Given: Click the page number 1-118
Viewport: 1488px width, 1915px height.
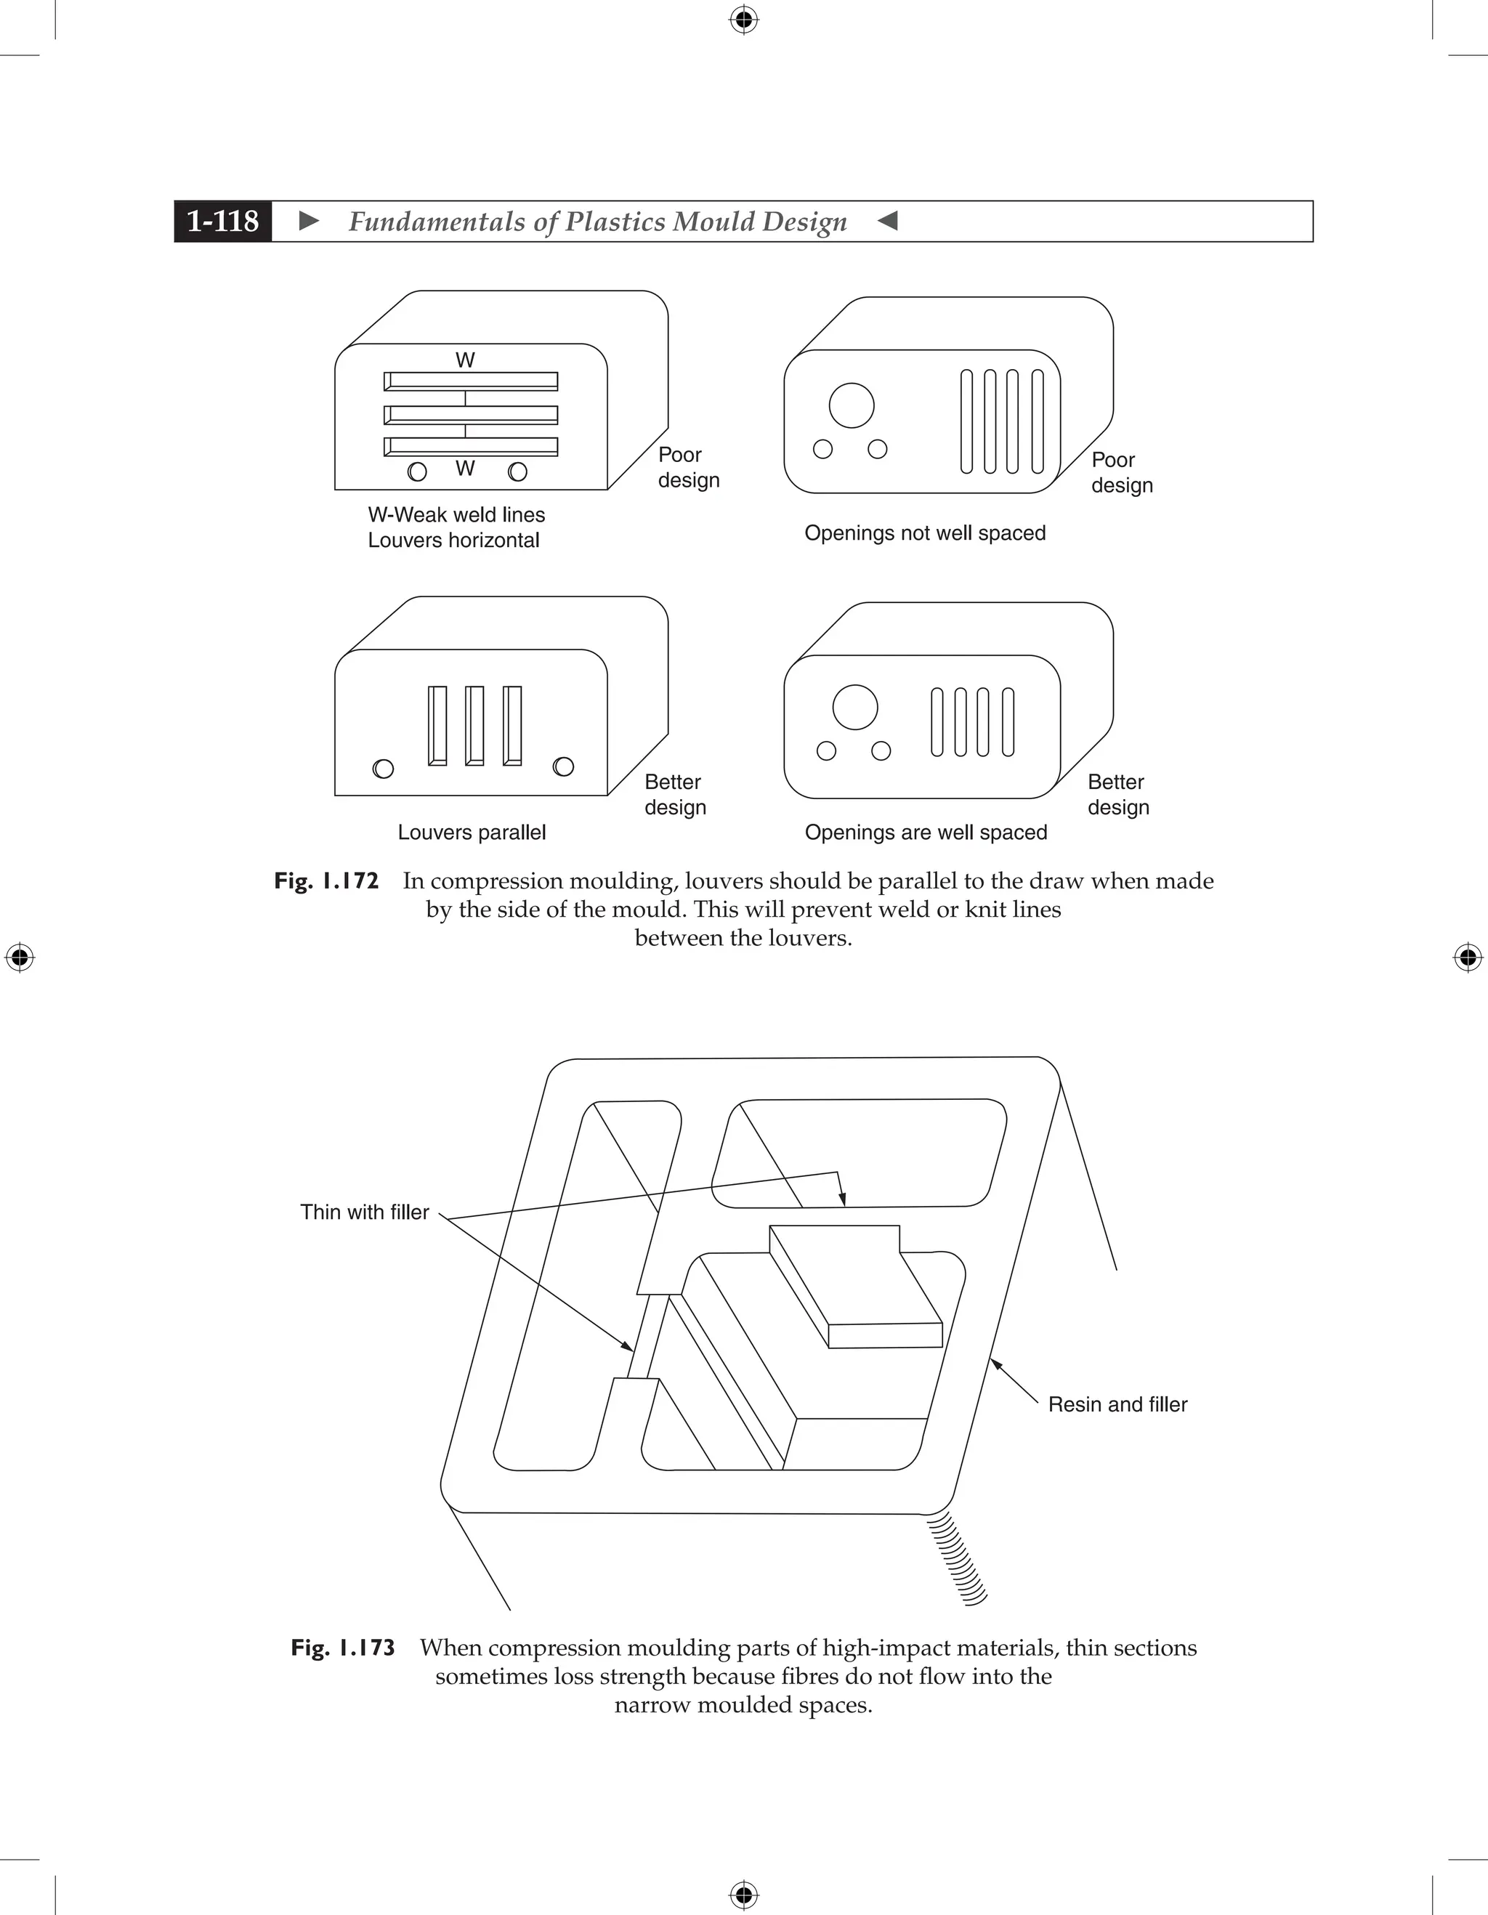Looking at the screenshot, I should tap(223, 221).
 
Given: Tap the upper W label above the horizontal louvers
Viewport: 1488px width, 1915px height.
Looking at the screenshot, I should tap(466, 360).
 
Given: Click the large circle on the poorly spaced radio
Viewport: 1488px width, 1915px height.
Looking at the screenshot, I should tap(852, 405).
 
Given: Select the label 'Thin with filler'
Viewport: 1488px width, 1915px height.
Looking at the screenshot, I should tap(365, 1212).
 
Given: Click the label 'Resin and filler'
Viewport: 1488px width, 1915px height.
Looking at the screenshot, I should tap(1117, 1404).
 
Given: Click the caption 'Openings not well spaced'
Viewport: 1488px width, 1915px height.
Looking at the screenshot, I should tap(925, 533).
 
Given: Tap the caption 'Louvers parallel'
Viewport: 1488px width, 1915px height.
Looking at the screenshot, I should tap(472, 832).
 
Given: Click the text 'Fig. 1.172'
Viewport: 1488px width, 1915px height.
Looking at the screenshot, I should tap(326, 881).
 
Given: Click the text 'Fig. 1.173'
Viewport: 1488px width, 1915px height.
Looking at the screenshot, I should tap(343, 1648).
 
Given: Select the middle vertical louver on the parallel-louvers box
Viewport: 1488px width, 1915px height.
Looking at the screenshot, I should tap(474, 725).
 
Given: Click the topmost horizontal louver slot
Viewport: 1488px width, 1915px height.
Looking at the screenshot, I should tap(471, 381).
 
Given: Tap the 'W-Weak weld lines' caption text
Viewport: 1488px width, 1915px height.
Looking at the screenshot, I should tap(456, 514).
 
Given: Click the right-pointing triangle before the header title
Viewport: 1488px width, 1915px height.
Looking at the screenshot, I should tap(309, 221).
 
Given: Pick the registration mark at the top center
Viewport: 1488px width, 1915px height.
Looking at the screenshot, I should tap(743, 20).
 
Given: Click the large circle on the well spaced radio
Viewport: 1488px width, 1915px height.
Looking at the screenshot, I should tap(855, 707).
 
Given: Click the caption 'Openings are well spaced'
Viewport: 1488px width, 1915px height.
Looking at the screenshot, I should tap(926, 832).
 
